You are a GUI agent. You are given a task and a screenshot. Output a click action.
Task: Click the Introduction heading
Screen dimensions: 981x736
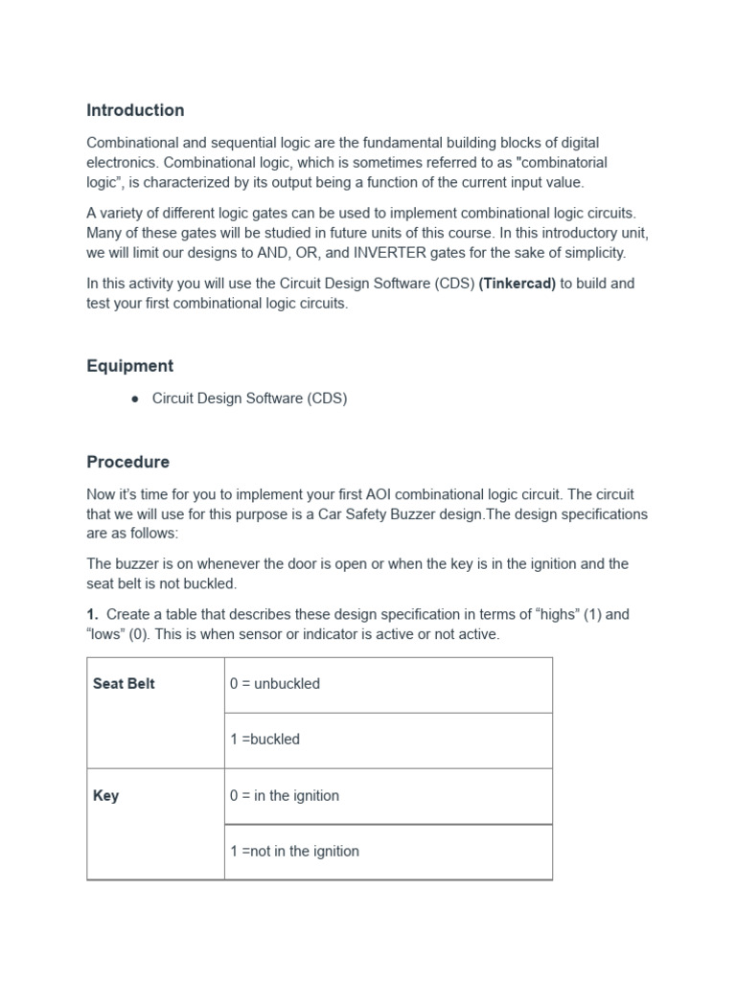(135, 110)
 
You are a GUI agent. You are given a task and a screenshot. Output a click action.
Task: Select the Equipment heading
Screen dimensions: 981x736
(130, 366)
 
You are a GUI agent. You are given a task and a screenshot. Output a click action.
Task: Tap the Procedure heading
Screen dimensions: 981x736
(127, 462)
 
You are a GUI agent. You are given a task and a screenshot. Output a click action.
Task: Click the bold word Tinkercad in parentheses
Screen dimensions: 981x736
(517, 284)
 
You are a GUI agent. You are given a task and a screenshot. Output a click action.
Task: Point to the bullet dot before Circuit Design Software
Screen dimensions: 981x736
(135, 399)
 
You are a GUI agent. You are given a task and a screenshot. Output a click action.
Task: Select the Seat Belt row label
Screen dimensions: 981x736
(124, 684)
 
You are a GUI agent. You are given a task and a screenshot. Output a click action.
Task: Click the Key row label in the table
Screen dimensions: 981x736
(106, 796)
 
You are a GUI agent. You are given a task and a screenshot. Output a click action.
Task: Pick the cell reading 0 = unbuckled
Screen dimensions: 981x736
(275, 684)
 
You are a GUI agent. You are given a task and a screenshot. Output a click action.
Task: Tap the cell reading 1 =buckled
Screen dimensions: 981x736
(265, 740)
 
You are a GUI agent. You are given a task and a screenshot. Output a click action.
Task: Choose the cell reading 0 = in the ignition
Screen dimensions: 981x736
(285, 796)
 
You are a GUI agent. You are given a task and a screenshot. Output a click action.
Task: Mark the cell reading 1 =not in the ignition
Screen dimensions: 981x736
(295, 852)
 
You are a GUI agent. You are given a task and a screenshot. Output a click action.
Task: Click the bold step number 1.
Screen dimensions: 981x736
(92, 615)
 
